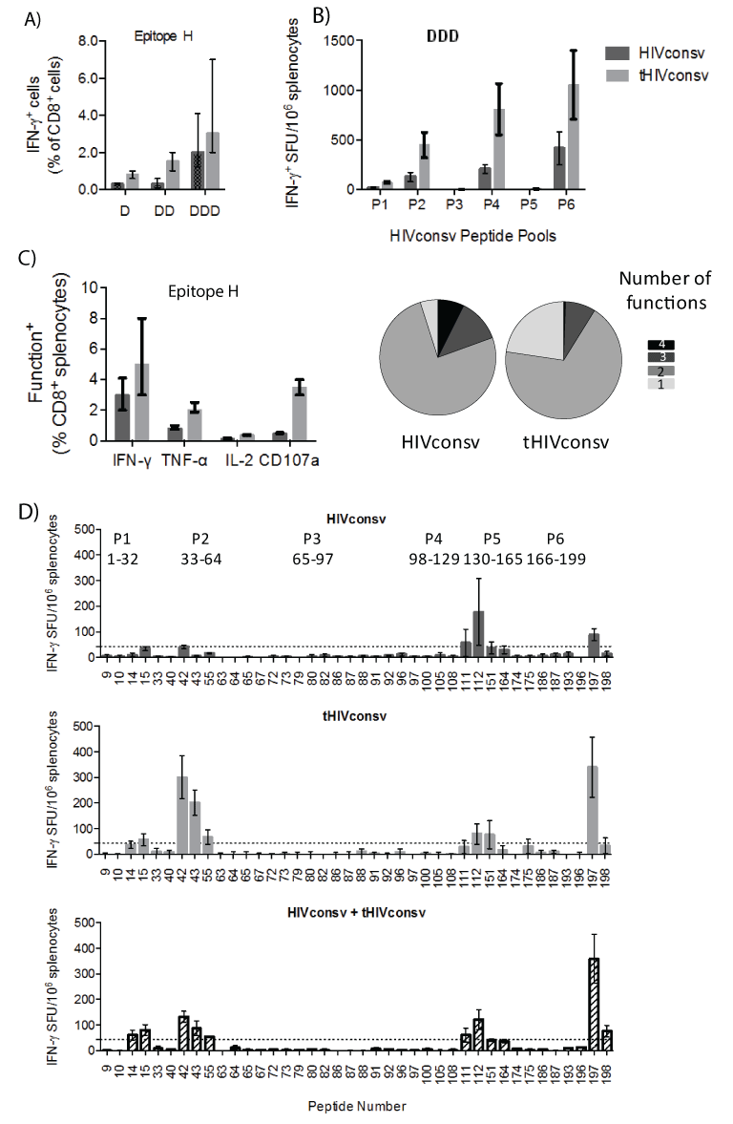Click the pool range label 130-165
point(492,559)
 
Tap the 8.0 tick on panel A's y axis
point(89,41)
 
